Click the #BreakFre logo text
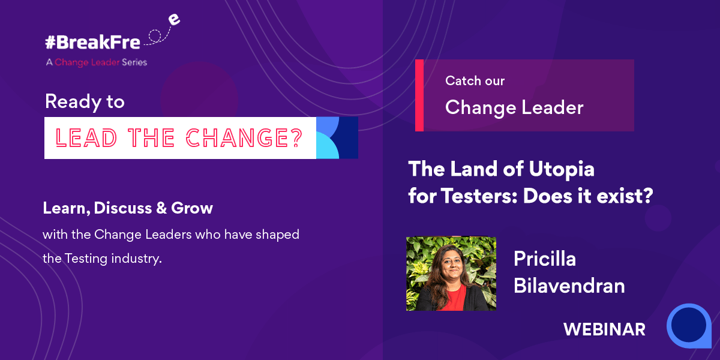pos(92,42)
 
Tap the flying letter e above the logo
pos(174,20)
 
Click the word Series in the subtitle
pos(134,62)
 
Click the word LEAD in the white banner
pos(86,138)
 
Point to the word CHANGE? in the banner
pos(244,138)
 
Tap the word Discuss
pos(123,208)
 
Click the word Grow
pos(192,208)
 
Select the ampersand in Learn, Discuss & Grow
pos(161,208)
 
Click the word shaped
pos(277,235)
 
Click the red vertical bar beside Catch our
pos(419,95)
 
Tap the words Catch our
pos(475,80)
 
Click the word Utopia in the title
pos(562,169)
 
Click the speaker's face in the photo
pos(452,266)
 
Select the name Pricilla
pos(545,259)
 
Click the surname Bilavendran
pos(569,286)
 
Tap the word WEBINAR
pos(604,329)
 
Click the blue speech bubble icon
pos(689,326)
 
